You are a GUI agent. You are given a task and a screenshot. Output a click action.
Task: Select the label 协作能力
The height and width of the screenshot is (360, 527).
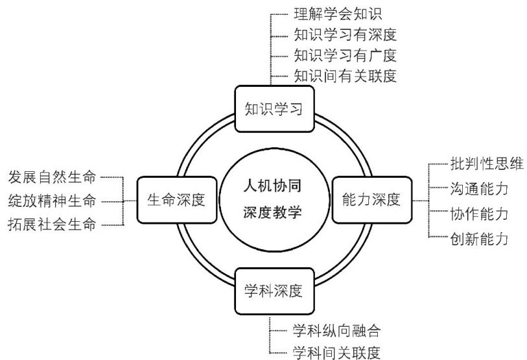click(478, 213)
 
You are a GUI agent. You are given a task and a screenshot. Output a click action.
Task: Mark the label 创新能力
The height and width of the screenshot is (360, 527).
click(478, 239)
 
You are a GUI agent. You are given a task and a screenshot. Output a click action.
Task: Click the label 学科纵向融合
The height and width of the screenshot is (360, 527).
click(336, 330)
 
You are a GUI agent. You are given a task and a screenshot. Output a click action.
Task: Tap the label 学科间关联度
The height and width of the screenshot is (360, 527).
click(336, 352)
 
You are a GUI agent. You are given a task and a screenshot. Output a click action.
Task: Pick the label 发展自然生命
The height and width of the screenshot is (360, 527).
click(52, 176)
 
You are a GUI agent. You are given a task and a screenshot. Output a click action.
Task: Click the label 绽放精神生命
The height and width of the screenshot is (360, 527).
click(52, 200)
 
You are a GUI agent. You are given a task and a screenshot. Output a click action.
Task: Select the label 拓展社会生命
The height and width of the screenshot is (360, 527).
click(52, 225)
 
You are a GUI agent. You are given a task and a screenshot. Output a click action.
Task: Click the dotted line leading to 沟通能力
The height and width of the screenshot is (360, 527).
click(438, 189)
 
